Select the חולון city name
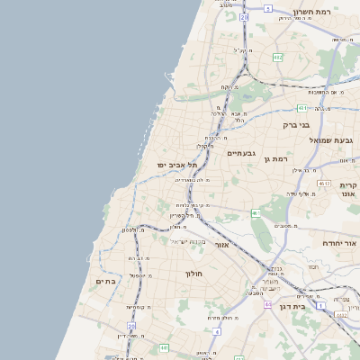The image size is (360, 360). pyautogui.click(x=193, y=273)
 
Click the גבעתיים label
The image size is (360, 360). pyautogui.click(x=241, y=153)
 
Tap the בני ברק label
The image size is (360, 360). pyautogui.click(x=296, y=125)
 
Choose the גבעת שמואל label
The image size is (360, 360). pyautogui.click(x=334, y=139)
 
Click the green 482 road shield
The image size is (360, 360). pyautogui.click(x=277, y=58)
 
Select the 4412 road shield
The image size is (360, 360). pyautogui.click(x=341, y=315)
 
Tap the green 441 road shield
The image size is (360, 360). pyautogui.click(x=164, y=347)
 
